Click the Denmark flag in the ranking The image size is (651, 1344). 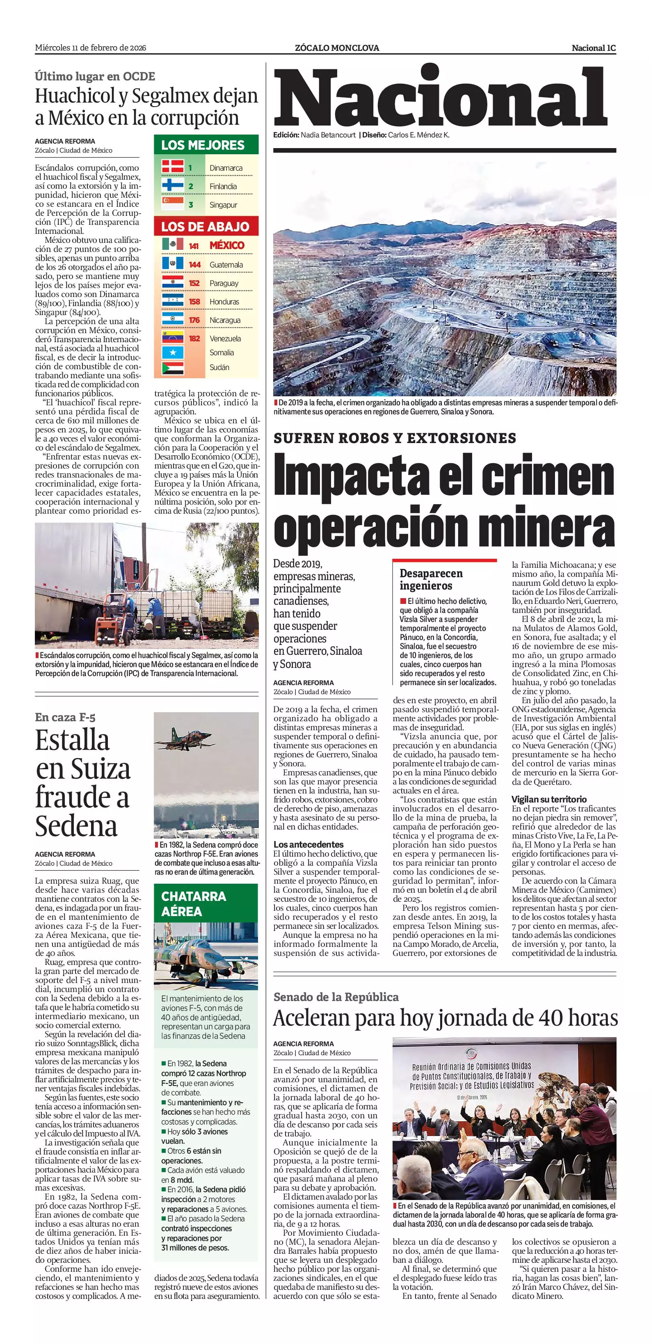click(x=172, y=167)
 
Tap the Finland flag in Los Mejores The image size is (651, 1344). click(x=172, y=186)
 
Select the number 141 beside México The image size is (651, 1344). click(x=194, y=246)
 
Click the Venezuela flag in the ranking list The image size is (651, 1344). click(x=172, y=338)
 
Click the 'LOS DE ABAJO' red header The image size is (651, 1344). click(x=205, y=226)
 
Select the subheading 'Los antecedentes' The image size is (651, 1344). click(x=309, y=844)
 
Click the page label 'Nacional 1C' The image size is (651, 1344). click(x=594, y=48)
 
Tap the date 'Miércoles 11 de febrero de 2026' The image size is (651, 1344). click(x=90, y=48)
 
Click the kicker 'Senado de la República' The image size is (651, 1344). click(x=336, y=997)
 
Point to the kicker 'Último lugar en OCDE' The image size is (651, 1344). click(x=95, y=76)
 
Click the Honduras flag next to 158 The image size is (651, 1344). click(x=172, y=301)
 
